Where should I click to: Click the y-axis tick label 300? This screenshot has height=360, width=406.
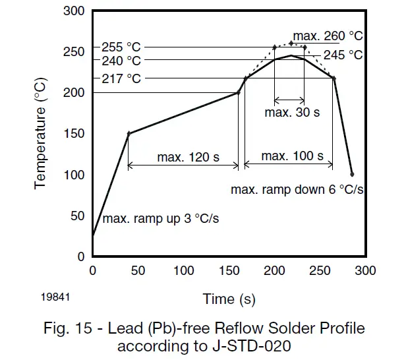click(x=74, y=11)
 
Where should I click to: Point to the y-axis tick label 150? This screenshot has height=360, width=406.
click(x=74, y=134)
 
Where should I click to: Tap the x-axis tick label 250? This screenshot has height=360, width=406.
click(x=320, y=271)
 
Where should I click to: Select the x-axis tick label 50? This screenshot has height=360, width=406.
click(x=138, y=271)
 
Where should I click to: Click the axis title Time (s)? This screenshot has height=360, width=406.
click(x=229, y=299)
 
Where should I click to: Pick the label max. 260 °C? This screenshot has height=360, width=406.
click(x=328, y=35)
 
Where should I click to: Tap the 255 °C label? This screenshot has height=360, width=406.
click(x=121, y=48)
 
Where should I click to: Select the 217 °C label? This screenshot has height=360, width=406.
click(x=121, y=78)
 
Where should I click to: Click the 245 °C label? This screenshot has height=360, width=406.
click(x=343, y=55)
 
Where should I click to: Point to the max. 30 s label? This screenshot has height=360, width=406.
click(x=292, y=112)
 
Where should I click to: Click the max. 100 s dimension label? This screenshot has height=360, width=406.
click(x=292, y=156)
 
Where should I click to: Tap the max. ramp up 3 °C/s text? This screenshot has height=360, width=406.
click(x=161, y=219)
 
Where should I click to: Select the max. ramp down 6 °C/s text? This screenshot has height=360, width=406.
click(x=298, y=189)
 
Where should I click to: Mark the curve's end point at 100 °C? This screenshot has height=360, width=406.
click(x=352, y=174)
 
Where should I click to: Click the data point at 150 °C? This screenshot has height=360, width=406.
click(x=129, y=134)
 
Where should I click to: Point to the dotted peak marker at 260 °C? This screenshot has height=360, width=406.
click(x=291, y=43)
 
